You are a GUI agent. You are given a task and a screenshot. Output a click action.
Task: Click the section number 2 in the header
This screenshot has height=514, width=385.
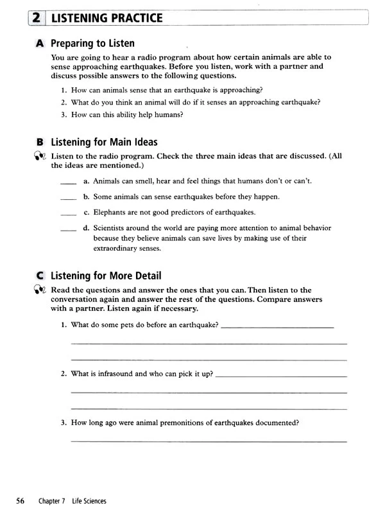35,18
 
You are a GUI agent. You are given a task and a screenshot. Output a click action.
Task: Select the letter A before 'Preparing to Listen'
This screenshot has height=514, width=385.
40,44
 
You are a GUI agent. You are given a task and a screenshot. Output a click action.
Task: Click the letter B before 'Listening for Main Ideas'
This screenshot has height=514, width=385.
40,142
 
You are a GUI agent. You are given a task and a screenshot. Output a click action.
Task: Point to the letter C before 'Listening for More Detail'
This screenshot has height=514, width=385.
40,276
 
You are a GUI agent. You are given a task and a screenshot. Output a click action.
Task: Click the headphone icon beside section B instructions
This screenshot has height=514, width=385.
40,156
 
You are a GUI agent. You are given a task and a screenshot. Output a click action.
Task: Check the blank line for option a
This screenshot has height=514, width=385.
67,183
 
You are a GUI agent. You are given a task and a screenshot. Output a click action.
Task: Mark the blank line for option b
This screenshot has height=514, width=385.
67,199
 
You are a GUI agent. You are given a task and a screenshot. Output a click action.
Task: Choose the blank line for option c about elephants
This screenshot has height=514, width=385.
67,214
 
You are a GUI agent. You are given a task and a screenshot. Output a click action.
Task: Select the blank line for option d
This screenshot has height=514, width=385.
67,229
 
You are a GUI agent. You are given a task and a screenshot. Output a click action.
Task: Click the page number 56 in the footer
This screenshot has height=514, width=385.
21,501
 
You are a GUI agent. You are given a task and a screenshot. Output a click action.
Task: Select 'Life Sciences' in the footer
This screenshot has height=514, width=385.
89,501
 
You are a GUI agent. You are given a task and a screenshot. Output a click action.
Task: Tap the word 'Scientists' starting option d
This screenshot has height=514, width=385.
112,227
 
